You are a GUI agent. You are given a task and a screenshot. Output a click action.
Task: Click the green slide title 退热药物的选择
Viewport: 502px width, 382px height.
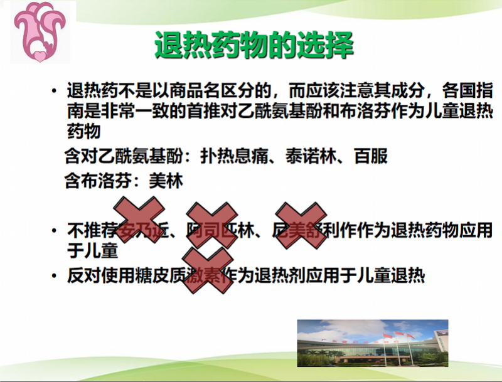[254, 45]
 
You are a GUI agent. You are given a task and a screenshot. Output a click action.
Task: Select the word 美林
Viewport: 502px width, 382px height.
[166, 182]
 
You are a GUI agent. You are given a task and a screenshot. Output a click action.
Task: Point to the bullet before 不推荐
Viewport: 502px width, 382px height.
[55, 231]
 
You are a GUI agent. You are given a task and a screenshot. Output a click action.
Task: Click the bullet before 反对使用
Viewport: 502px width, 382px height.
[55, 276]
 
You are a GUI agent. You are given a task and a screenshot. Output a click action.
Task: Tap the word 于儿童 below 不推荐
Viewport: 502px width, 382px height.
[93, 252]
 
